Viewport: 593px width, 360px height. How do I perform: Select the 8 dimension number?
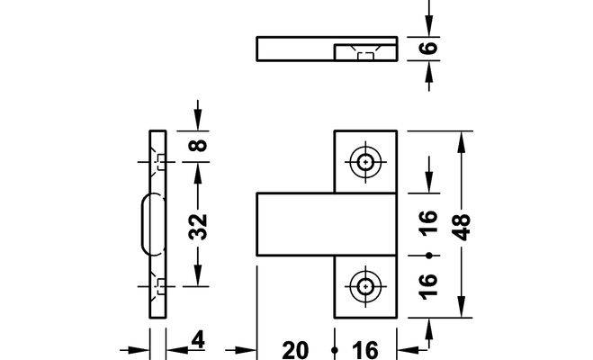[199, 144]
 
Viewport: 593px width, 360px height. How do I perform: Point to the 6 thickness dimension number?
[429, 48]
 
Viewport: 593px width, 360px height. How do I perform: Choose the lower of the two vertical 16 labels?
[428, 285]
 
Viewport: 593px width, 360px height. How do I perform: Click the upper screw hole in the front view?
[365, 162]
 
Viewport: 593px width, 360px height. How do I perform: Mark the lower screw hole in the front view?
[365, 285]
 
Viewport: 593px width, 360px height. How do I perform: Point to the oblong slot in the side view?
[146, 221]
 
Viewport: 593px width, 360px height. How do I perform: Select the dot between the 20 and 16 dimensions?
[334, 349]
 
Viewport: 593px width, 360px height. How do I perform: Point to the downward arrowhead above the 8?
[199, 122]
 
